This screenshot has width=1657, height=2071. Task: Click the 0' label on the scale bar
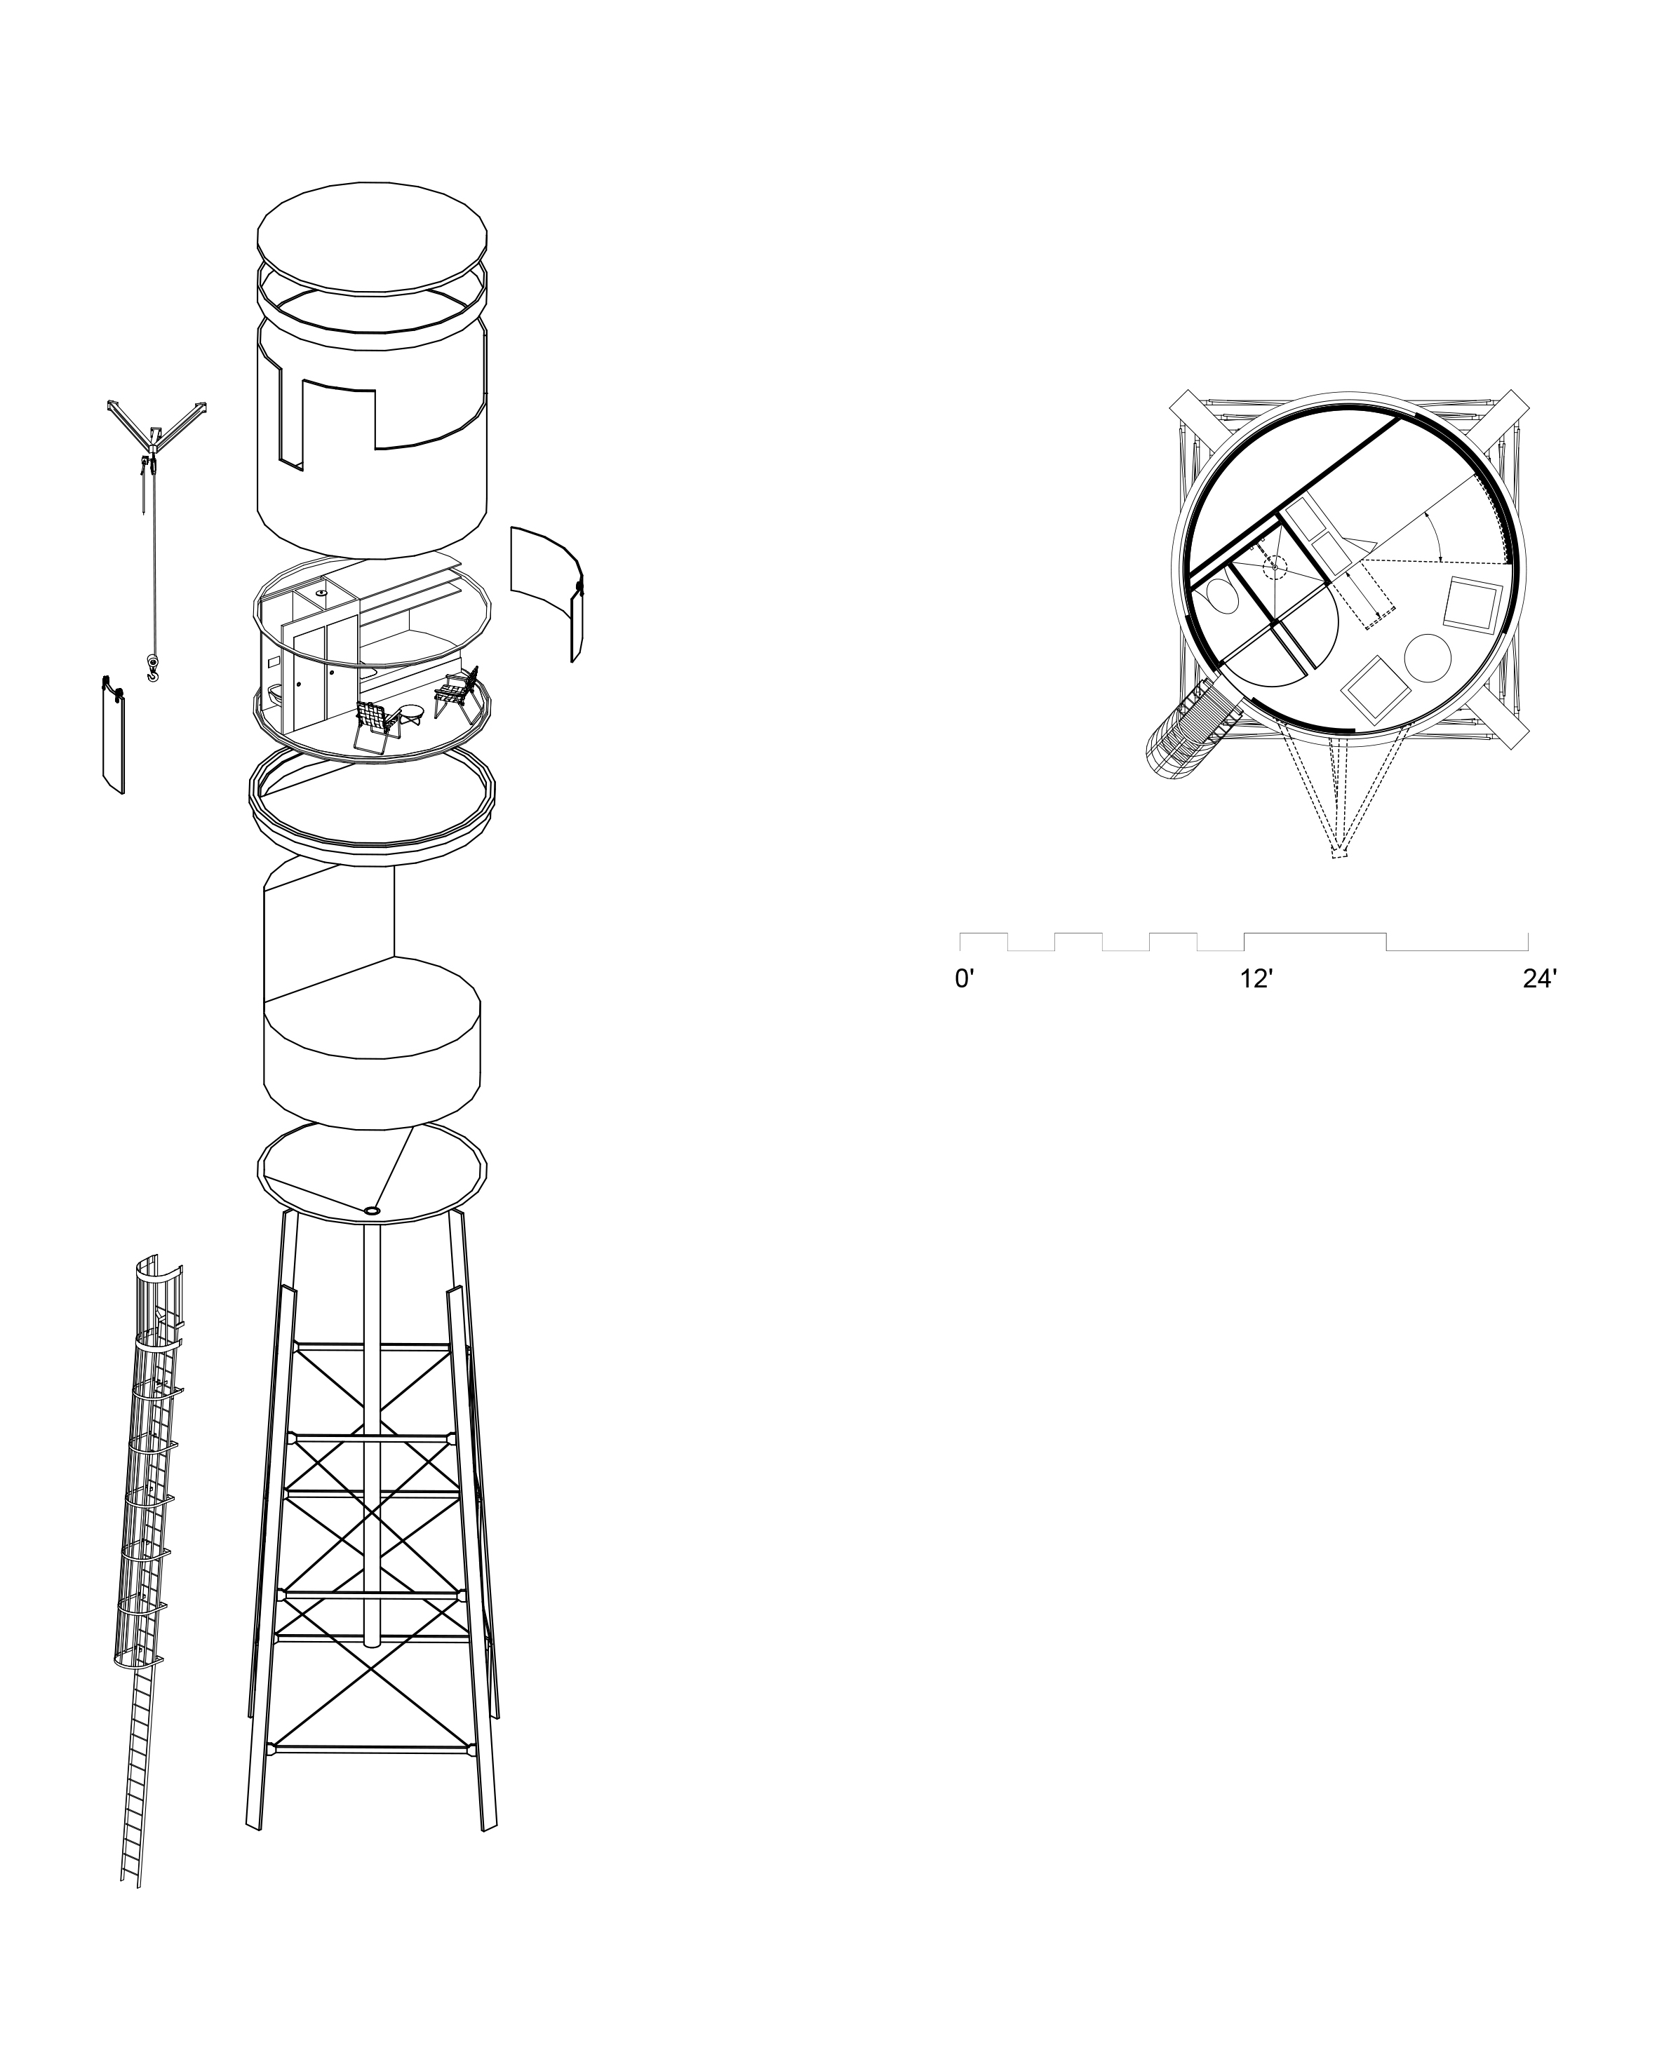965,980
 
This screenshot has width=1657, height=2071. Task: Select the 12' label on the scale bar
1256,980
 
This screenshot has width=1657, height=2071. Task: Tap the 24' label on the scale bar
1540,980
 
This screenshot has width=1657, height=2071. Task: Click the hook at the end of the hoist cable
152,667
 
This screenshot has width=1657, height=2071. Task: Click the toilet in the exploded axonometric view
276,691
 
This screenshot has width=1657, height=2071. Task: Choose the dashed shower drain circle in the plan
1275,566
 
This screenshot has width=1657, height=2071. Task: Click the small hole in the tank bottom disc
373,1210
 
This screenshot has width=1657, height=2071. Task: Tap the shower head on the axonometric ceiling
320,593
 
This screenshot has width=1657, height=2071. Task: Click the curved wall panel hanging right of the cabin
546,591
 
